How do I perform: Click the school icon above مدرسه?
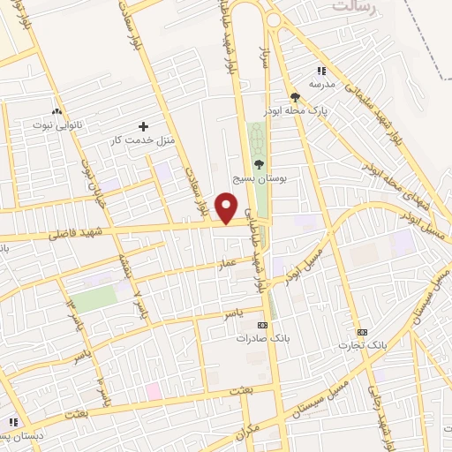(320, 71)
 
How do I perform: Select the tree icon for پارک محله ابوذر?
(296, 98)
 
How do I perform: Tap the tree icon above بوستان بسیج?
(258, 164)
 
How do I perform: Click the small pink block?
(154, 390)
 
